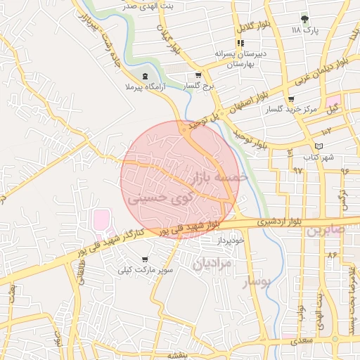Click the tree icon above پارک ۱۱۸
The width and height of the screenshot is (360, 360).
(304, 19)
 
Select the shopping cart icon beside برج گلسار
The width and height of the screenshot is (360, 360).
(198, 75)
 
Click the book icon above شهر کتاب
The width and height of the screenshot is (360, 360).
(320, 146)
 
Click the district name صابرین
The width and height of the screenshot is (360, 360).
(326, 231)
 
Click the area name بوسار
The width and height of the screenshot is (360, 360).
(257, 282)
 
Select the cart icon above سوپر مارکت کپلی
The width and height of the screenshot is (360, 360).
(145, 259)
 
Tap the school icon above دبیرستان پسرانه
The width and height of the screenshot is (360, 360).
(240, 43)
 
